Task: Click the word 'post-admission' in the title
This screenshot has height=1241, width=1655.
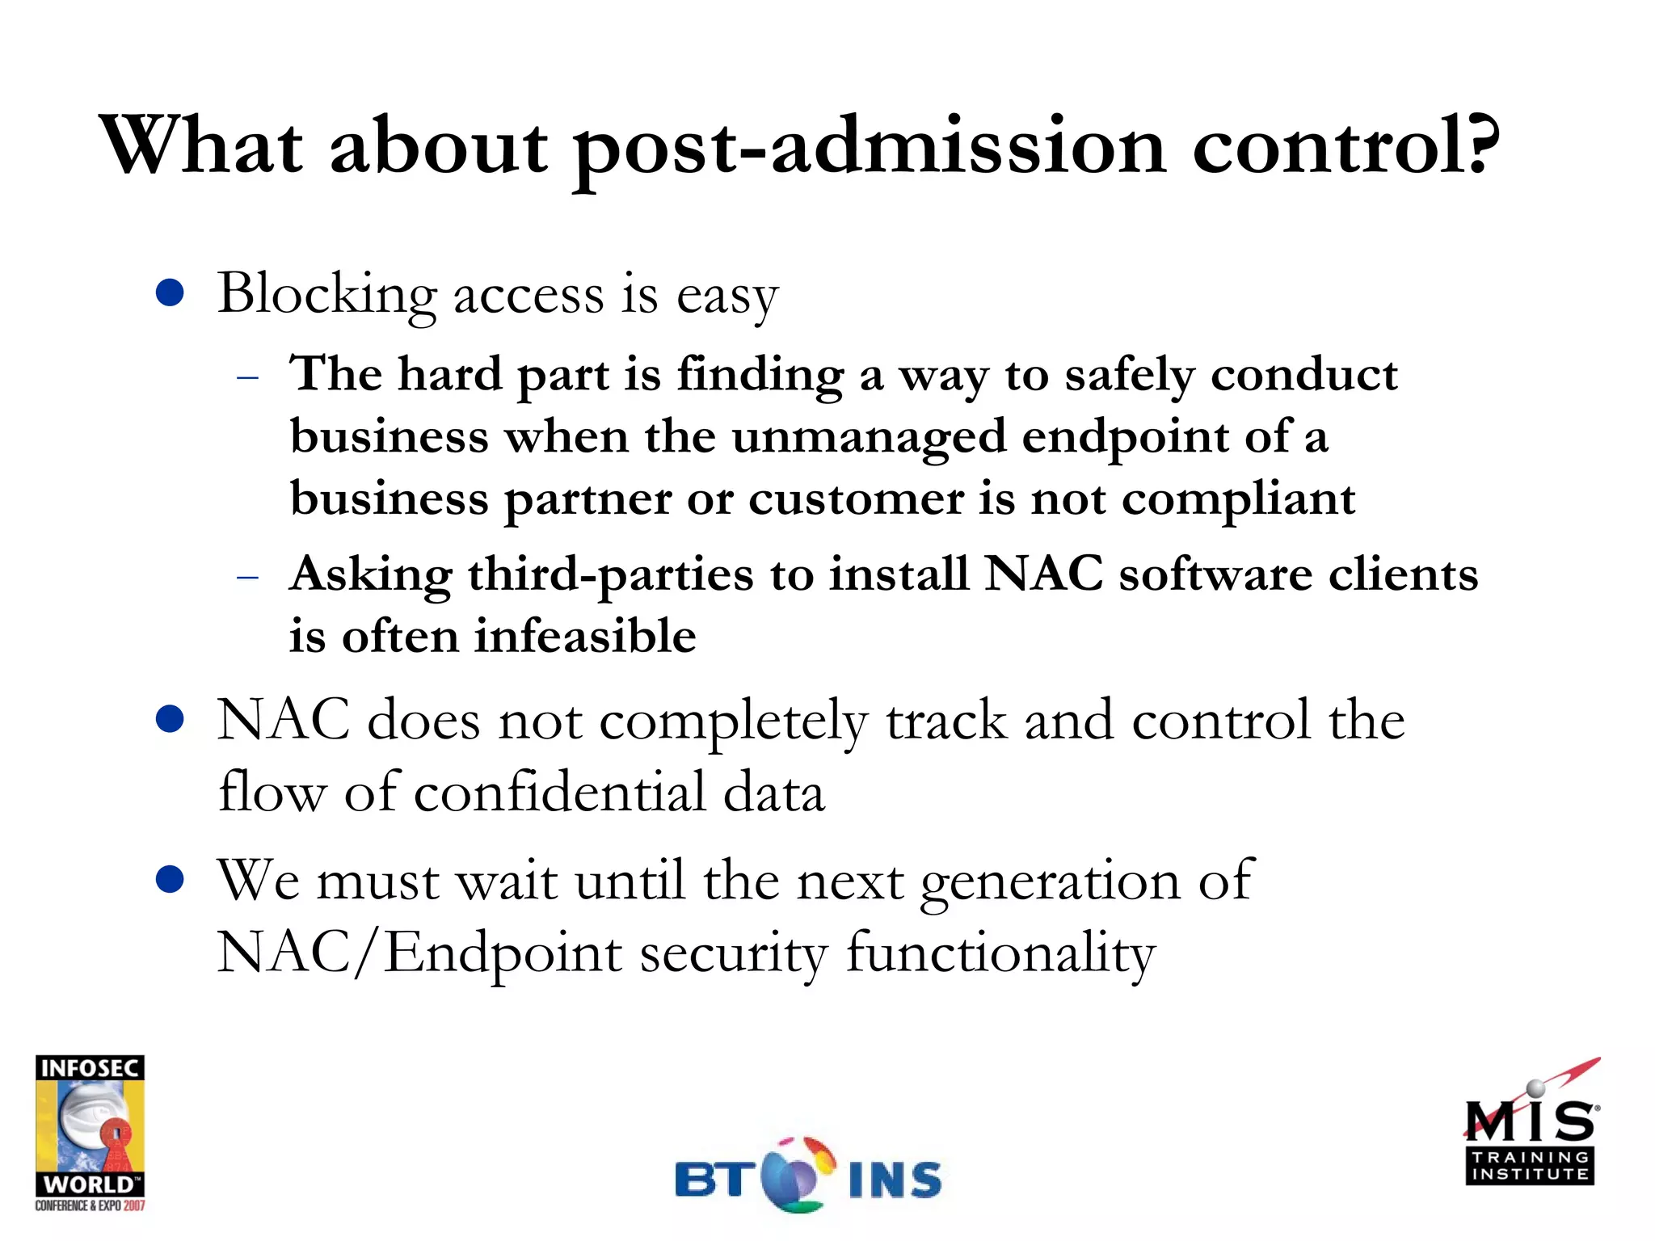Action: [x=870, y=149]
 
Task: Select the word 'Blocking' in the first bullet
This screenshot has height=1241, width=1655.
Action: [x=326, y=296]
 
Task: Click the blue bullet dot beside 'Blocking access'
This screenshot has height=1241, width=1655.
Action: [x=170, y=293]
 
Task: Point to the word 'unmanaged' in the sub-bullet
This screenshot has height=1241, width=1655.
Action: [x=868, y=438]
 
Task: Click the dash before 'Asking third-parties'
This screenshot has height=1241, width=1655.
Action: [x=248, y=577]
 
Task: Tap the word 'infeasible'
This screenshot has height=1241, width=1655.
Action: [x=584, y=637]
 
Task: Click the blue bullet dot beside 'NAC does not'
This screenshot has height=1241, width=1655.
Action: [x=170, y=719]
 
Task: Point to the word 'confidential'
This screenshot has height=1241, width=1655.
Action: [x=559, y=793]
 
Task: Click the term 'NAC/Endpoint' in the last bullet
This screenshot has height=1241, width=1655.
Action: [x=419, y=953]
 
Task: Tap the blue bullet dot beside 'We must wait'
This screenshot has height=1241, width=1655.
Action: [x=170, y=879]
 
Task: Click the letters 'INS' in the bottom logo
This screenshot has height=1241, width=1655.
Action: [x=895, y=1180]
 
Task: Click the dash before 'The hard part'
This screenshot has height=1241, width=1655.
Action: [x=248, y=377]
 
